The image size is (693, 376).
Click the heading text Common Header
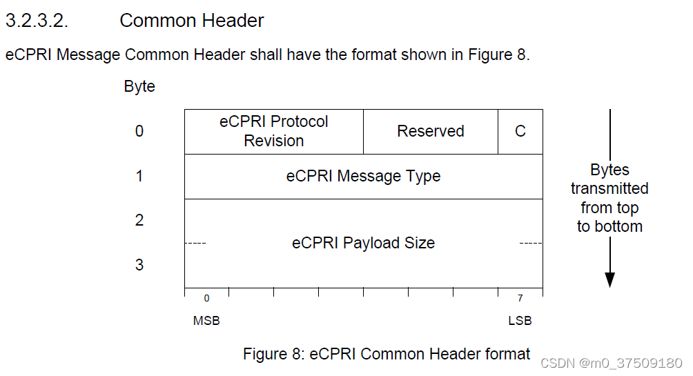pos(191,21)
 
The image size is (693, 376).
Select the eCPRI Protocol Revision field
pos(274,131)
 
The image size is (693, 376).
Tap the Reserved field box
pos(430,131)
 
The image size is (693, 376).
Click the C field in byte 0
pos(520,131)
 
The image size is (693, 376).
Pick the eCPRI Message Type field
pos(363,176)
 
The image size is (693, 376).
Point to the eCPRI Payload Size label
pos(363,243)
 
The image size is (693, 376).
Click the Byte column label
pos(139,86)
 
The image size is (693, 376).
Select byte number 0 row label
pos(139,131)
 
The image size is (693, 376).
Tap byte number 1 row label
pos(139,176)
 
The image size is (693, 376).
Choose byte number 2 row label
pos(139,220)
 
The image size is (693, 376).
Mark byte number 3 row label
pos(139,265)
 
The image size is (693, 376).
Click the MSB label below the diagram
pos(206,321)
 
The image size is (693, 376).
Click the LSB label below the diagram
pos(520,321)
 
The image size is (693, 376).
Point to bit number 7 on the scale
pos(520,298)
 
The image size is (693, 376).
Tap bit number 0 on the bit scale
pos(206,298)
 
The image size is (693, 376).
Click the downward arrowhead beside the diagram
pos(609,279)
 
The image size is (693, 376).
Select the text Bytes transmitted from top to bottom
pos(609,198)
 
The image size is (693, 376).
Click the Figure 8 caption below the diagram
pos(387,354)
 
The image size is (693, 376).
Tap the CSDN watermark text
pos(612,363)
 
